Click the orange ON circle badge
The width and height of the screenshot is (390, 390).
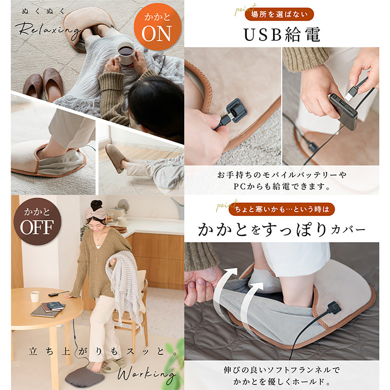(157, 29)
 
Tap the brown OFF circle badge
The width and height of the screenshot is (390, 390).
(37, 221)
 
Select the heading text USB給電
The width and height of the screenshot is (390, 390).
(282, 35)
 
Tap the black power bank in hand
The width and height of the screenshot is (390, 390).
(343, 111)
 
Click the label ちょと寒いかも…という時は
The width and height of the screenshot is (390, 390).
(281, 210)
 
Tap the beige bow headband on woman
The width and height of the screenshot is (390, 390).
(96, 213)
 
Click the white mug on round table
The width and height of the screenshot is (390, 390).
(35, 296)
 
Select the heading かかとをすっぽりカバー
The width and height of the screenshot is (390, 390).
(281, 230)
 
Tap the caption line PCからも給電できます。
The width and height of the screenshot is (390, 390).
(281, 187)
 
